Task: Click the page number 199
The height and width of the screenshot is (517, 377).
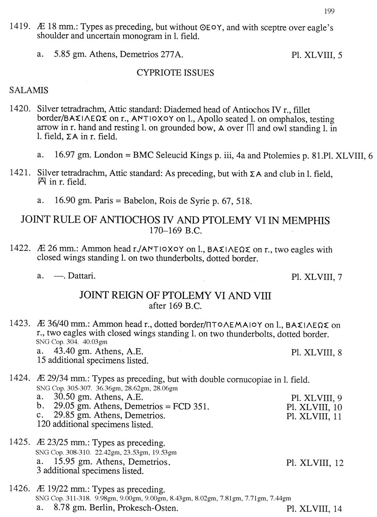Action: [329, 11]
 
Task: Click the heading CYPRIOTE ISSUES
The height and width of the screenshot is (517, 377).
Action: [175, 73]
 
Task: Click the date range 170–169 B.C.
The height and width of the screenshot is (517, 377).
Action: [175, 231]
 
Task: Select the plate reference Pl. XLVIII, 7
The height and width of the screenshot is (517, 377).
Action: [316, 277]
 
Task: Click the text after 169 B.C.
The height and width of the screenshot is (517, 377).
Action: [175, 306]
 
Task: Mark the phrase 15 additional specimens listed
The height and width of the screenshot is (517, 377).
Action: [93, 360]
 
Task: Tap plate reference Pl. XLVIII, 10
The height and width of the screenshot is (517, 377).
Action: [314, 407]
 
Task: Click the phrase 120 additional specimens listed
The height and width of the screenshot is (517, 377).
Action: [95, 425]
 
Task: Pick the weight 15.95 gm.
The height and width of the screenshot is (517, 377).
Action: [73, 462]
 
